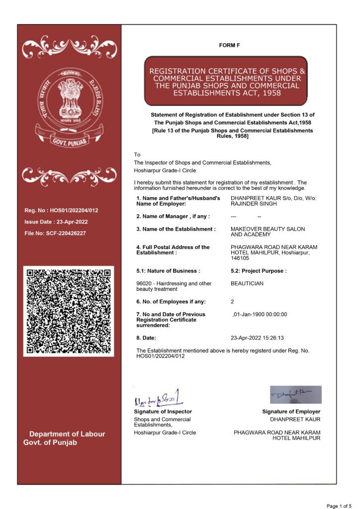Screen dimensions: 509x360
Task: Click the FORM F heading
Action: [x=229, y=46]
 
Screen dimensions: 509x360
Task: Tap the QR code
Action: [x=69, y=311]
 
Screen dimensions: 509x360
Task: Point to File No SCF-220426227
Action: [x=55, y=233]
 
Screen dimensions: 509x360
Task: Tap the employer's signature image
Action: [x=295, y=395]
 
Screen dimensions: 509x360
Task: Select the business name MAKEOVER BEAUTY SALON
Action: [x=268, y=229]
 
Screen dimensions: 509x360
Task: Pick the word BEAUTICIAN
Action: [x=247, y=283]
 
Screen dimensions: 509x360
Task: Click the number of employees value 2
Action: [x=233, y=302]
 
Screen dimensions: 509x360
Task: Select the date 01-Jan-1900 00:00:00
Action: [x=260, y=314]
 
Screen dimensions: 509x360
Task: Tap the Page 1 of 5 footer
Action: [x=338, y=506]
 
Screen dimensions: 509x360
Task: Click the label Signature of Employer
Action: [x=291, y=412]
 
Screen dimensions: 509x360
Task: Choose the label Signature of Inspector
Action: [x=163, y=412]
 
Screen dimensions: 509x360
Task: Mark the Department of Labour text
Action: [x=67, y=434]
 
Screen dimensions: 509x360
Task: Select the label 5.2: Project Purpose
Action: [x=259, y=271]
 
